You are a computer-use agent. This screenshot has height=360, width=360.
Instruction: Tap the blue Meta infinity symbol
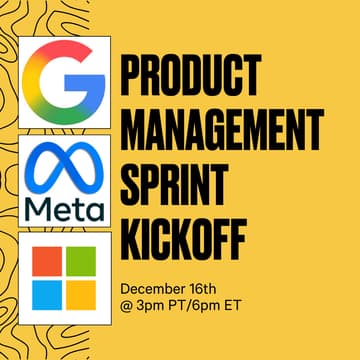[64, 165]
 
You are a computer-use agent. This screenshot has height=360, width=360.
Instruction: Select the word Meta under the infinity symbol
[64, 208]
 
